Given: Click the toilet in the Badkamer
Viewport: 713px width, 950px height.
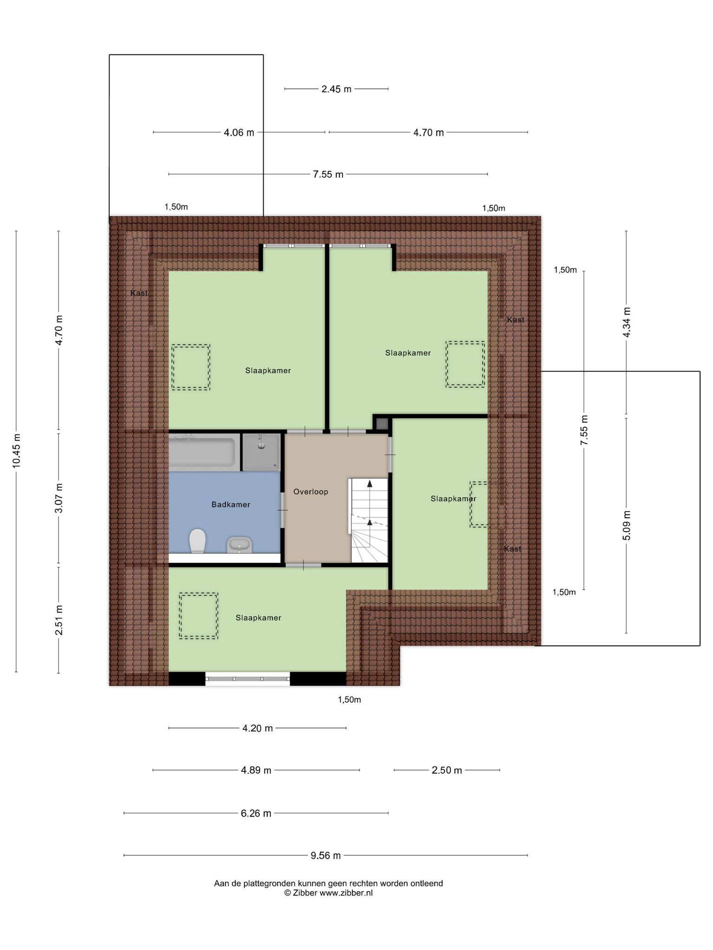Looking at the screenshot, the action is pyautogui.click(x=197, y=541).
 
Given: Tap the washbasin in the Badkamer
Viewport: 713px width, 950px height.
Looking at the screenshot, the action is pyautogui.click(x=239, y=545).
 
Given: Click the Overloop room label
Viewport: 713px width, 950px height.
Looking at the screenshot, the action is pyautogui.click(x=311, y=492).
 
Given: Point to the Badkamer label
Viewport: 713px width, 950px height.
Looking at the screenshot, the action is pyautogui.click(x=231, y=504).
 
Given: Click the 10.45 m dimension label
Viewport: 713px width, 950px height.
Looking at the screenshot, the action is pyautogui.click(x=17, y=450).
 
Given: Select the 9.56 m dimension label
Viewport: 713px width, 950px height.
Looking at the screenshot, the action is pyautogui.click(x=326, y=855).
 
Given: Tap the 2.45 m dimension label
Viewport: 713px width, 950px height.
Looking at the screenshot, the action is pyautogui.click(x=337, y=89).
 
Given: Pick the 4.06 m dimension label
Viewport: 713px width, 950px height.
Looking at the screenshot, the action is pyautogui.click(x=239, y=133).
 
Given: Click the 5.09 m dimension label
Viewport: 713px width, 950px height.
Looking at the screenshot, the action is pyautogui.click(x=627, y=525).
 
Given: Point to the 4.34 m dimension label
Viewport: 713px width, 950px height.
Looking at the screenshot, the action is pyautogui.click(x=627, y=322).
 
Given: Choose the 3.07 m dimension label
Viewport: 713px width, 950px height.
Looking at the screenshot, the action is pyautogui.click(x=59, y=498).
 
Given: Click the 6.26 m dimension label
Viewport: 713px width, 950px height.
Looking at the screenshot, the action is pyautogui.click(x=256, y=813).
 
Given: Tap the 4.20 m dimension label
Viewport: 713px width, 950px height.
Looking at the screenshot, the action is pyautogui.click(x=258, y=728).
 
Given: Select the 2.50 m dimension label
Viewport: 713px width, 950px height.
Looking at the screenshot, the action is pyautogui.click(x=447, y=770).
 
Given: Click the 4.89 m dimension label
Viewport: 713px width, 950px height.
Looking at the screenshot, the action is pyautogui.click(x=256, y=770).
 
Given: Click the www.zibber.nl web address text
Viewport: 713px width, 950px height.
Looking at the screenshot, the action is pyautogui.click(x=346, y=893).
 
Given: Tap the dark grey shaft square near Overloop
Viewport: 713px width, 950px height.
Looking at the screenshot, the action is pyautogui.click(x=382, y=424).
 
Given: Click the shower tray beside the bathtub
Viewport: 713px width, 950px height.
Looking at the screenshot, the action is pyautogui.click(x=262, y=452).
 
